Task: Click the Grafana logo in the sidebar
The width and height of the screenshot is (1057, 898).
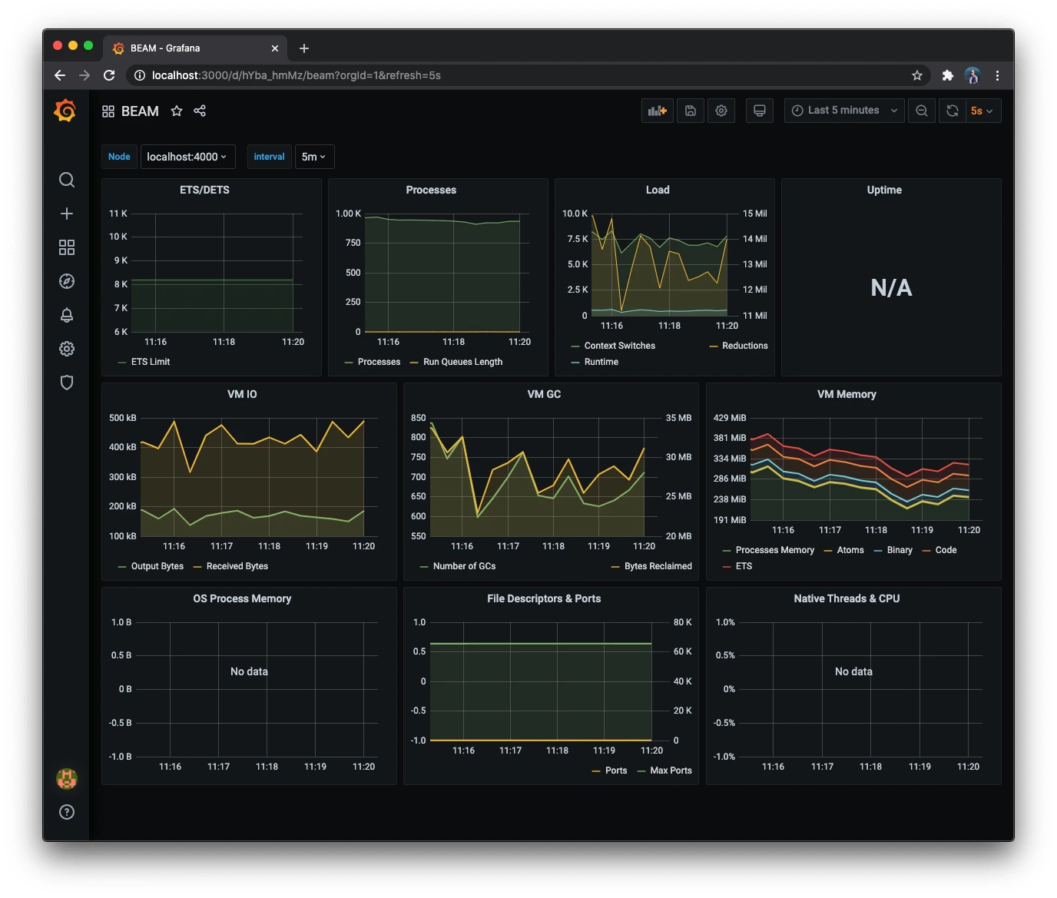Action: coord(65,111)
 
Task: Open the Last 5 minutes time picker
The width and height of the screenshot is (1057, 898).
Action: coord(843,111)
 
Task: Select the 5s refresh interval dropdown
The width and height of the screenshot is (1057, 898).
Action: coord(981,111)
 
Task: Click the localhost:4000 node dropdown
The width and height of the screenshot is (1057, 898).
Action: coord(187,157)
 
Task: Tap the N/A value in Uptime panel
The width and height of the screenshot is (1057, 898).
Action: coord(891,288)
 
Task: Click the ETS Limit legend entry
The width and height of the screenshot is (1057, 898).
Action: coord(150,362)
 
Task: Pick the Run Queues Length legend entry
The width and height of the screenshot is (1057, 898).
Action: coord(462,362)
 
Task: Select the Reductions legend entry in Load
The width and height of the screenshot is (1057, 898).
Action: coord(744,346)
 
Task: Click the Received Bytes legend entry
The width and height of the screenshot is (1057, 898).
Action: coord(237,566)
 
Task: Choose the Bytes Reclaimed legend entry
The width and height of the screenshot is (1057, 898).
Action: coord(658,566)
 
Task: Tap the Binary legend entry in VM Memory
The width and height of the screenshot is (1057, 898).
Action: coord(899,550)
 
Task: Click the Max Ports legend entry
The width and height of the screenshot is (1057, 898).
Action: coord(671,770)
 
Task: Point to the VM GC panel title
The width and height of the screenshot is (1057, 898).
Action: coord(544,394)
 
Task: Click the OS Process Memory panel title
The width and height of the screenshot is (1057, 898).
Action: coord(242,598)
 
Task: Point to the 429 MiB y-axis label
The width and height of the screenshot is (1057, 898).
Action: coord(730,418)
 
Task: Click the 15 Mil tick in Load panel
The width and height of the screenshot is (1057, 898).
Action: coord(754,214)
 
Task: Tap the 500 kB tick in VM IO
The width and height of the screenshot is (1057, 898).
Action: coord(123,418)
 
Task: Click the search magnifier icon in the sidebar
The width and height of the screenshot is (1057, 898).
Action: coord(67,180)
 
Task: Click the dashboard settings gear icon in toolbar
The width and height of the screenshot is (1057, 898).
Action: coord(721,111)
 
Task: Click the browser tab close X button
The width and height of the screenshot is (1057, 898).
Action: coord(275,48)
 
